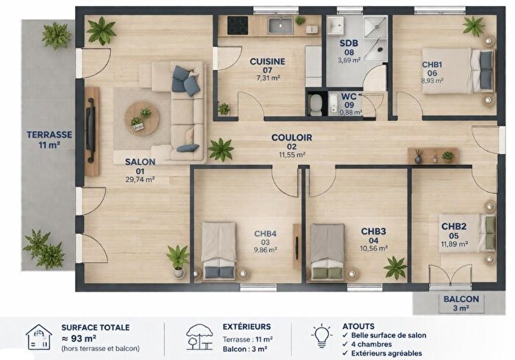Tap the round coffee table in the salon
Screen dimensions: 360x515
point(141,118)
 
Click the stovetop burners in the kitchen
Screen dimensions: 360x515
point(238,26)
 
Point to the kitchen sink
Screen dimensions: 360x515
point(280,26)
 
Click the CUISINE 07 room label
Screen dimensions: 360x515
point(267,66)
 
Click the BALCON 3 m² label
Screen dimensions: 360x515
point(461,303)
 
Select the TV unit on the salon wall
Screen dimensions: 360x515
point(91,131)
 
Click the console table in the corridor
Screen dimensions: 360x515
point(432,155)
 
